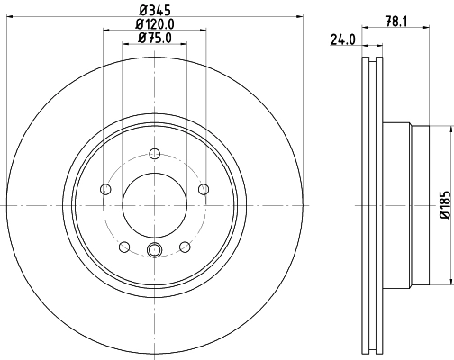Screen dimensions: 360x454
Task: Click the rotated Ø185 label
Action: [x=443, y=205]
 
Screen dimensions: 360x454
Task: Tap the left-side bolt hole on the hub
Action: [x=104, y=189]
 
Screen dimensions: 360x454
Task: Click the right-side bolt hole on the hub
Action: [x=204, y=189]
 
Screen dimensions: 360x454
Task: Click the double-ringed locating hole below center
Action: [x=154, y=251]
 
